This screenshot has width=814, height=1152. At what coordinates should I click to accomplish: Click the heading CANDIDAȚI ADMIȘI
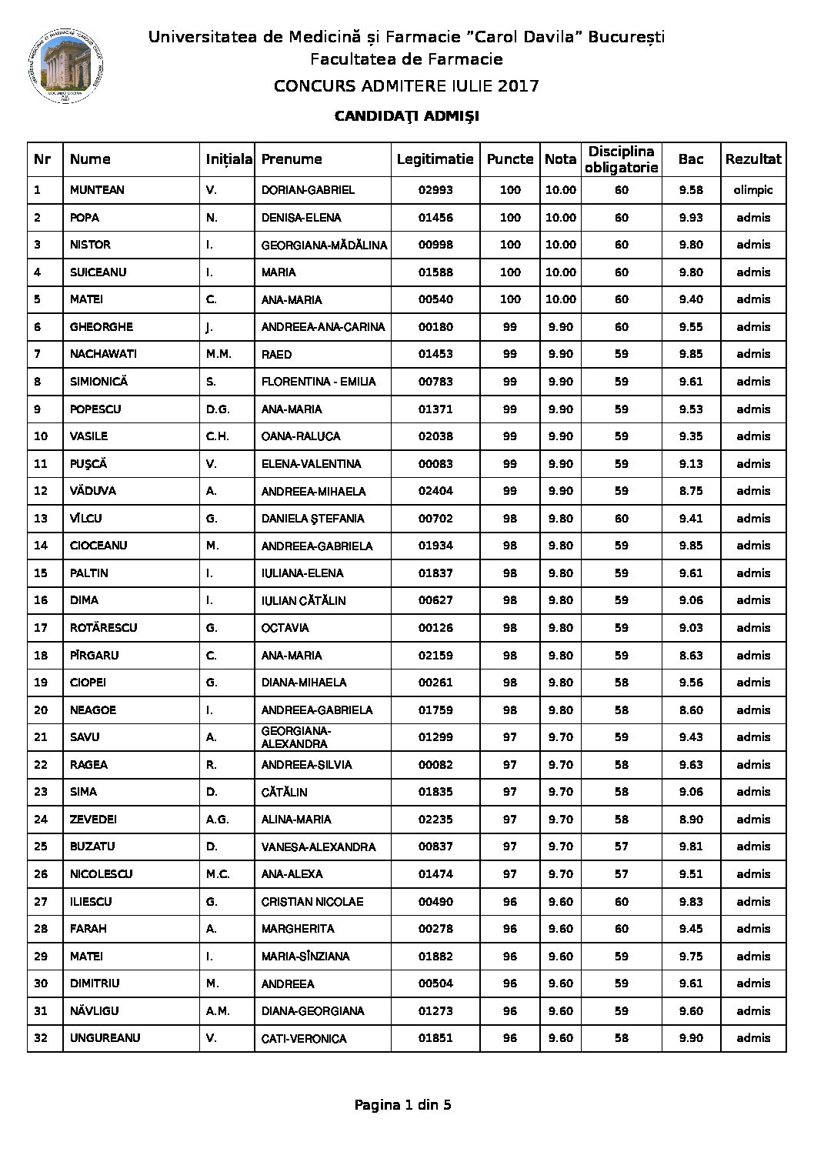pyautogui.click(x=406, y=116)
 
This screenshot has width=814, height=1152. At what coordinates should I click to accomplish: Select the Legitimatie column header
pyautogui.click(x=435, y=159)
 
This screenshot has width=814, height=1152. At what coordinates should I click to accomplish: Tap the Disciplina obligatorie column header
pyautogui.click(x=621, y=159)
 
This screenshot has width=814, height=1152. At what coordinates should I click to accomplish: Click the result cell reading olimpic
pyautogui.click(x=752, y=190)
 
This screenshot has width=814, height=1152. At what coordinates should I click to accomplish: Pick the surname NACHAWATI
pyautogui.click(x=102, y=354)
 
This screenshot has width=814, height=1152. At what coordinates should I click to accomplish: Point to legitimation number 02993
pyautogui.click(x=435, y=190)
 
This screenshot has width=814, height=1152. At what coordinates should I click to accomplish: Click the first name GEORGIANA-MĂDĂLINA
pyautogui.click(x=324, y=245)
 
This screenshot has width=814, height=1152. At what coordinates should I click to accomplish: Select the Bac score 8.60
pyautogui.click(x=690, y=710)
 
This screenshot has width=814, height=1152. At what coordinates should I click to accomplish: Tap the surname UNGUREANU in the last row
pyautogui.click(x=105, y=1038)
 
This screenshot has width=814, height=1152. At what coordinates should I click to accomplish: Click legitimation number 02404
pyautogui.click(x=435, y=491)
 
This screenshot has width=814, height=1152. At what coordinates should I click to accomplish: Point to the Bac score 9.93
pyautogui.click(x=690, y=218)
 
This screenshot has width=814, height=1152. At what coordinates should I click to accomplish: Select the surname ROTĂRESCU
pyautogui.click(x=103, y=628)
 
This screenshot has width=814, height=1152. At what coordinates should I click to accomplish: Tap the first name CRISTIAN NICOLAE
pyautogui.click(x=312, y=901)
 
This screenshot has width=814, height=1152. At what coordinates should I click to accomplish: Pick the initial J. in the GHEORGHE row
pyautogui.click(x=209, y=327)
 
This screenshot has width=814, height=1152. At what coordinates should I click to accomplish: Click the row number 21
pyautogui.click(x=41, y=737)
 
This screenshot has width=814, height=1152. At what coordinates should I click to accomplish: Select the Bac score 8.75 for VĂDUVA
pyautogui.click(x=690, y=491)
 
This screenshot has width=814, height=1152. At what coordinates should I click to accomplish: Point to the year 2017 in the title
pyautogui.click(x=518, y=85)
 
